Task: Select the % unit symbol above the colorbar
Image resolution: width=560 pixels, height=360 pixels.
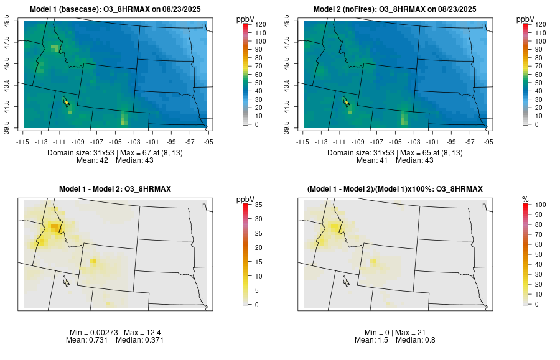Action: [x=525, y=199]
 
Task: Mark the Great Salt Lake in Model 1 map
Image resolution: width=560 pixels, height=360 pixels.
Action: [x=65, y=99]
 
